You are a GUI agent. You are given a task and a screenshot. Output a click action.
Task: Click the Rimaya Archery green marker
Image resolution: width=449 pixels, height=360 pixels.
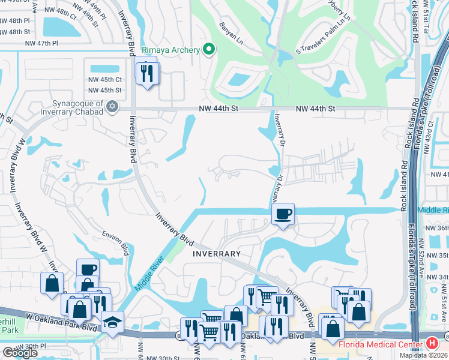point(208,50)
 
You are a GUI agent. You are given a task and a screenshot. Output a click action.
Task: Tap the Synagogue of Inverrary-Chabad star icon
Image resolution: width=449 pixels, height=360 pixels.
point(111,107)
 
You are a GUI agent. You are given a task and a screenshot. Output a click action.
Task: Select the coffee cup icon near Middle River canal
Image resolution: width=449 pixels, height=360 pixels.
point(283,214)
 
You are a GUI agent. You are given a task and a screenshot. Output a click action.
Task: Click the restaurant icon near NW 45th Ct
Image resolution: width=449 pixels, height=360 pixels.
point(146,73)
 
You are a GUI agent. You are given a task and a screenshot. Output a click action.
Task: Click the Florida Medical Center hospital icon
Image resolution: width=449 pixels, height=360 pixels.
point(431,344)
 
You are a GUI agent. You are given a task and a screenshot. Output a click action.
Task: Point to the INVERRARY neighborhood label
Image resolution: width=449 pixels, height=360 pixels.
point(216,254)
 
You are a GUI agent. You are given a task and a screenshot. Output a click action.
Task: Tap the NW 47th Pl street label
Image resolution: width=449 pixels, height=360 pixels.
point(42,43)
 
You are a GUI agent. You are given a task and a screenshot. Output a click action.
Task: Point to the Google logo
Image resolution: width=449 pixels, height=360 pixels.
point(20,353)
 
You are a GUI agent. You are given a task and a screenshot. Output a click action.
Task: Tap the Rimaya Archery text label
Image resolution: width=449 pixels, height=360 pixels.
point(170,50)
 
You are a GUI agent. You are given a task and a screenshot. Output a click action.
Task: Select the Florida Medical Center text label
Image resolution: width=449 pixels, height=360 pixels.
point(380,344)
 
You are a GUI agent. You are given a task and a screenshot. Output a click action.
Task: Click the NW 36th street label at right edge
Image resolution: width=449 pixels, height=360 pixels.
point(436,229)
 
